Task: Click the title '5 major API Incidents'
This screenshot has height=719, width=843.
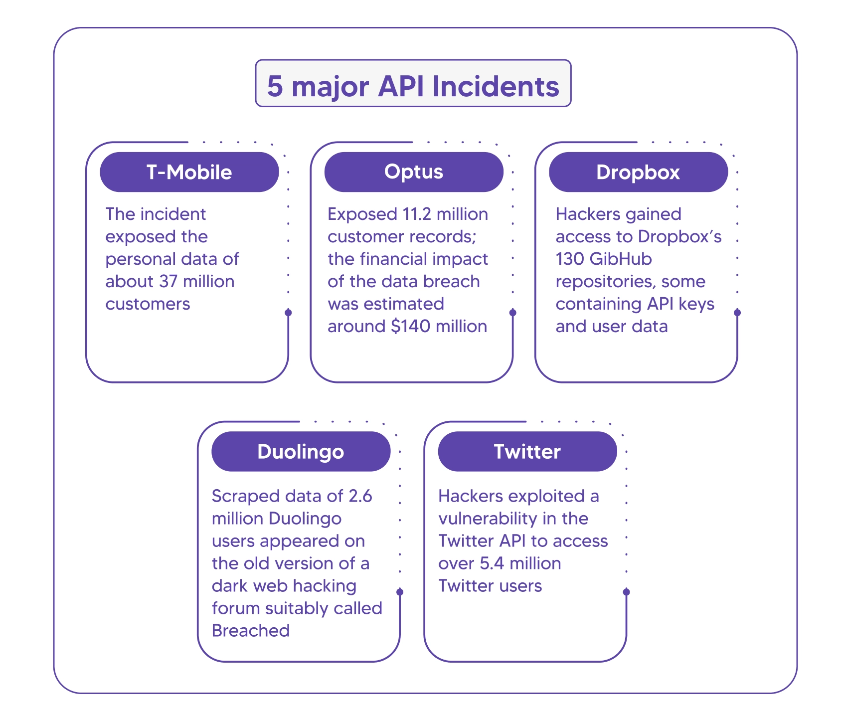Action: pyautogui.click(x=413, y=86)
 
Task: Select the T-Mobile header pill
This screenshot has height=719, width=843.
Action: pyautogui.click(x=189, y=173)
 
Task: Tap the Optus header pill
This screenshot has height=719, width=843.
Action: pyautogui.click(x=413, y=172)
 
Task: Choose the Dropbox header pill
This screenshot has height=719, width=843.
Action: pyautogui.click(x=638, y=173)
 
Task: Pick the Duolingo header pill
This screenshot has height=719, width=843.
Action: pyautogui.click(x=301, y=452)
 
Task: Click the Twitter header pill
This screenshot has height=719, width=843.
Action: pyautogui.click(x=527, y=452)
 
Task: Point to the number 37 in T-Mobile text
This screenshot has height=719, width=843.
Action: pyautogui.click(x=169, y=282)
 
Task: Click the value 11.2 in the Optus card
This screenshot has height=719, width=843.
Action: pyautogui.click(x=419, y=214)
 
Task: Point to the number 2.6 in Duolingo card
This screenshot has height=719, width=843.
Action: pyautogui.click(x=360, y=497)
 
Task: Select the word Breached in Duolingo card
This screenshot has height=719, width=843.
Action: pyautogui.click(x=251, y=631)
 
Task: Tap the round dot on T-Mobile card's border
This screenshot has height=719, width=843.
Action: pyautogui.click(x=288, y=313)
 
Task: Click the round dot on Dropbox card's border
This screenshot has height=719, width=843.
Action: pyautogui.click(x=737, y=313)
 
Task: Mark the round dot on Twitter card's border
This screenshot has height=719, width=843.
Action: pyautogui.click(x=627, y=592)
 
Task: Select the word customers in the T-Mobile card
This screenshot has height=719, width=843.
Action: pyautogui.click(x=148, y=304)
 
